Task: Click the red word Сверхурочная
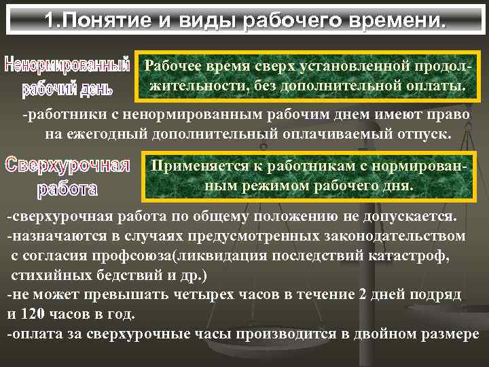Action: (x=67, y=164)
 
